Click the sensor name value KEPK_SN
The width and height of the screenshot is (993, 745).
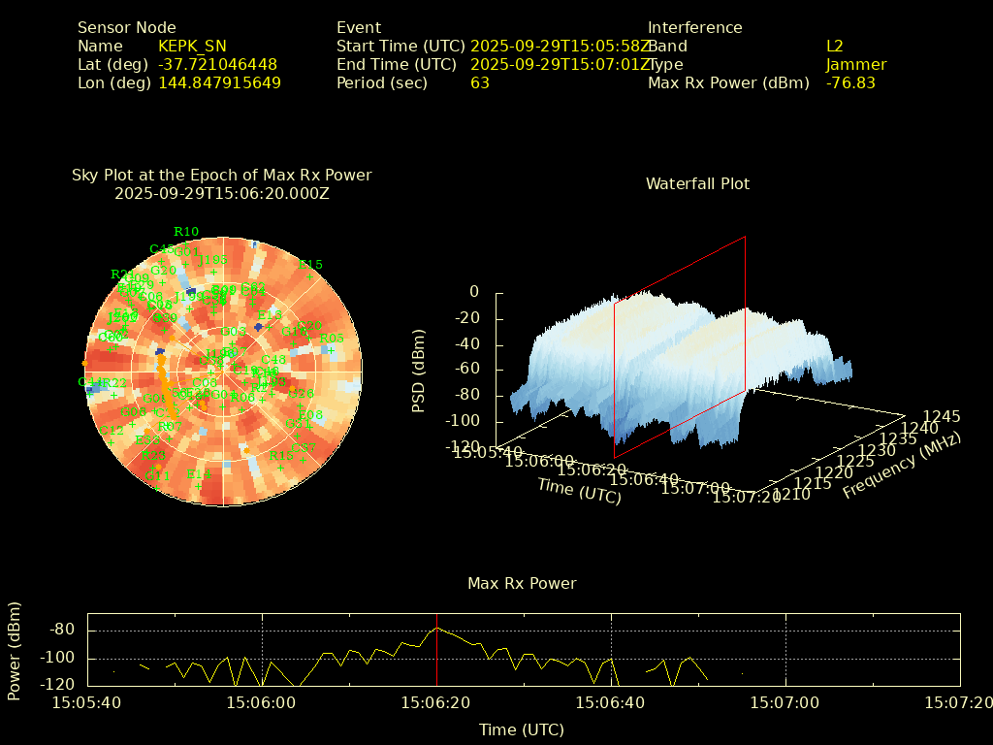[x=192, y=47]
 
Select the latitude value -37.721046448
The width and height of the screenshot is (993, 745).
[x=217, y=65]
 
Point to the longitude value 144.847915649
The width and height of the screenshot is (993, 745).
[x=219, y=83]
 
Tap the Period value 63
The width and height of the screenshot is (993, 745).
[x=480, y=83]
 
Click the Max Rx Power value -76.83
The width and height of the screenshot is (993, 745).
[x=850, y=83]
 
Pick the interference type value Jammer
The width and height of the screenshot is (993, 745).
[x=856, y=65]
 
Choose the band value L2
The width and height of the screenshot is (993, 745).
[x=835, y=47]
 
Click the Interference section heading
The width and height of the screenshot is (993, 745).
[x=694, y=28]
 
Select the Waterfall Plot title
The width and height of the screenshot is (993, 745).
[x=697, y=184]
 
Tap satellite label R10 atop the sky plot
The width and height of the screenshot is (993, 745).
[x=186, y=232]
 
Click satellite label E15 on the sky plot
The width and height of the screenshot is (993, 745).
[x=310, y=265]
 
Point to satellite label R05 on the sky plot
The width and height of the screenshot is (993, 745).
[x=332, y=339]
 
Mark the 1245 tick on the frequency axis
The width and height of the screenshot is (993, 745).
[x=942, y=416]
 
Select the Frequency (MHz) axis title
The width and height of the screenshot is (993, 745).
[x=901, y=467]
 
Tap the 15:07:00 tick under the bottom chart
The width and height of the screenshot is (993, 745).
[x=785, y=700]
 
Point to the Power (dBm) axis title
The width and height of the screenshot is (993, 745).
[x=15, y=650]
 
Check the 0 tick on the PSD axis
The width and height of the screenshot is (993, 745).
[x=473, y=292]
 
